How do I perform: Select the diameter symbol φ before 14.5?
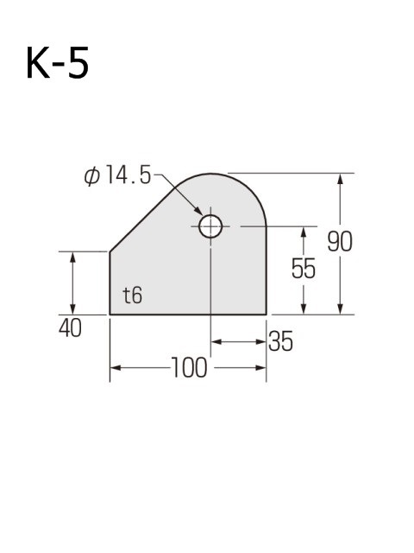point(92,175)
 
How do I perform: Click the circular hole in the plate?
point(210,227)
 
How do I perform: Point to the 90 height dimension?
point(340,243)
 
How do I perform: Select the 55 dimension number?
point(303,270)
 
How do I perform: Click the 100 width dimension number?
point(189,369)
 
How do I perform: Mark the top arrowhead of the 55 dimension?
point(304,232)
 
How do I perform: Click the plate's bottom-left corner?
point(110,314)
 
